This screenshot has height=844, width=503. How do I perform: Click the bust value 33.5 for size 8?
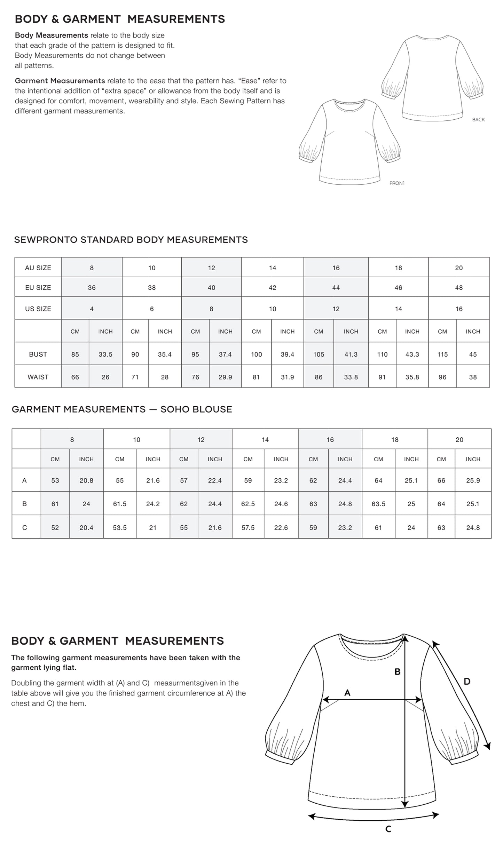click(x=105, y=354)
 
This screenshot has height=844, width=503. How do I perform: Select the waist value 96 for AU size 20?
click(x=442, y=377)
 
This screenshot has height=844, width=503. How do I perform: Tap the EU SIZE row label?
click(x=38, y=288)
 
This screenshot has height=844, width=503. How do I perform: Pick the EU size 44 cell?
click(x=336, y=288)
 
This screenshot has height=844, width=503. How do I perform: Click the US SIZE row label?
click(x=38, y=309)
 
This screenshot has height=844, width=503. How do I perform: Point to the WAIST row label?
click(x=38, y=377)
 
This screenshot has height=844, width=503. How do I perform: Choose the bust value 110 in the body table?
click(x=382, y=354)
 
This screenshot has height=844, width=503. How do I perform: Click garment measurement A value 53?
click(x=55, y=480)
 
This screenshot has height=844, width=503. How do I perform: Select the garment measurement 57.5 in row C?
click(x=248, y=528)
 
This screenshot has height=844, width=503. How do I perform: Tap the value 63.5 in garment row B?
click(x=378, y=504)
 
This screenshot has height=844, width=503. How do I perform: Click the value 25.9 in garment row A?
click(x=473, y=480)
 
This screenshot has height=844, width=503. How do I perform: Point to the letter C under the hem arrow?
click(x=388, y=829)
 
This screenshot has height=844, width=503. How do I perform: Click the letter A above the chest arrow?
click(x=347, y=693)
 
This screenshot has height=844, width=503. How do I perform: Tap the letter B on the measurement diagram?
click(x=397, y=672)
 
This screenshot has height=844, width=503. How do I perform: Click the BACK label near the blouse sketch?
click(x=478, y=120)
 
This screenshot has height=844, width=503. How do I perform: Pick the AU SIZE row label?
click(x=38, y=268)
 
